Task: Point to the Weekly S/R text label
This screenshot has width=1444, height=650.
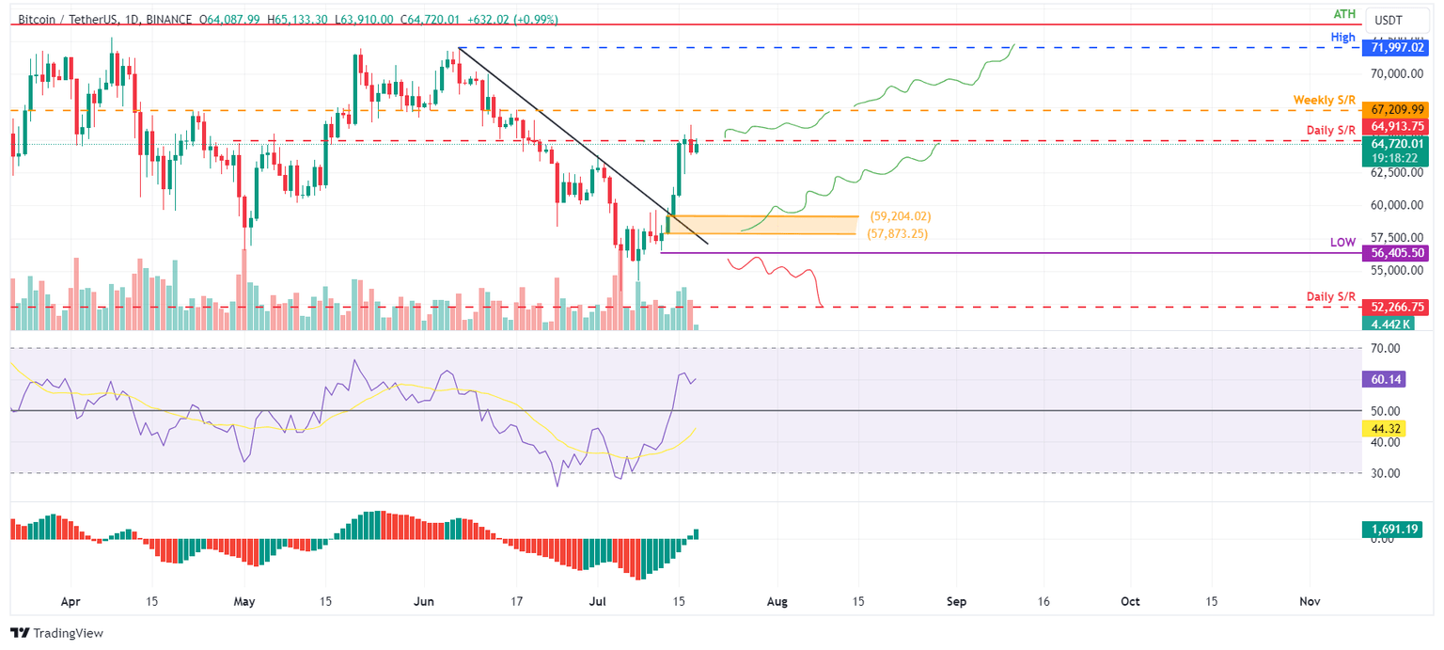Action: pyautogui.click(x=1324, y=100)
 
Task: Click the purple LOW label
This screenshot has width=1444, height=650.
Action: pyautogui.click(x=1342, y=243)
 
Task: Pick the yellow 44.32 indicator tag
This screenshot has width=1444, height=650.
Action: pyautogui.click(x=1382, y=428)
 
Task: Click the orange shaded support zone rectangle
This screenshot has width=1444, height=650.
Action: pyautogui.click(x=761, y=224)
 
